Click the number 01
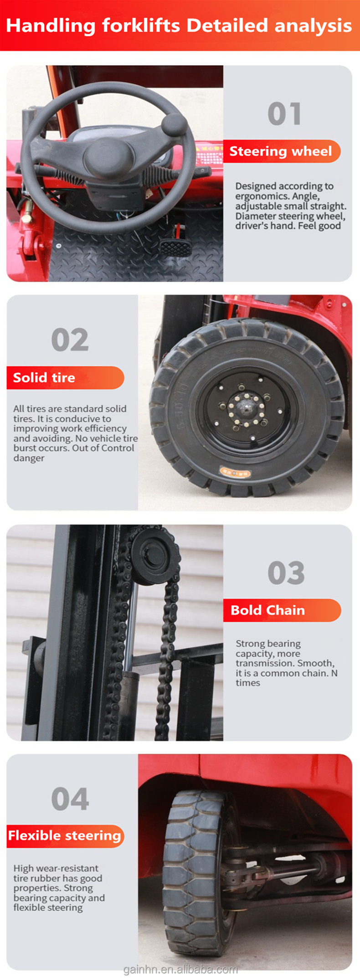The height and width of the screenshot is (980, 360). (284, 113)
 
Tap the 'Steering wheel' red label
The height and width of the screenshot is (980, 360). (281, 151)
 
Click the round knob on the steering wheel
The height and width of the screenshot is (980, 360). (174, 124)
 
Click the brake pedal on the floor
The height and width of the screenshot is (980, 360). (173, 248)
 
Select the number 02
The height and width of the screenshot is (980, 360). (70, 340)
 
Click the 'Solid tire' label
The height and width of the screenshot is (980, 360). (44, 378)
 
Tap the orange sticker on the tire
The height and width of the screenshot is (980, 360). (235, 472)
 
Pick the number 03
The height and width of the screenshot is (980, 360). (286, 573)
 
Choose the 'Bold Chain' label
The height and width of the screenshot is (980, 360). (268, 610)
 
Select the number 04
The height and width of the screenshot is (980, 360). (70, 799)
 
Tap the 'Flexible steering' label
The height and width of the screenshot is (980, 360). (65, 836)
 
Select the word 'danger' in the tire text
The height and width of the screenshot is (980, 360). (29, 458)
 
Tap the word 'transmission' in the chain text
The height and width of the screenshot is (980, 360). (262, 663)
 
